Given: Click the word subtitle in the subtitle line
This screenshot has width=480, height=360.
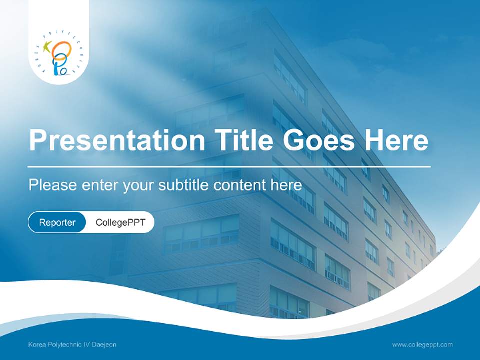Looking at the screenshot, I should coord(184,185).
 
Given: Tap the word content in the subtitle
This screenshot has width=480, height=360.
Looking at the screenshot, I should coord(240,185).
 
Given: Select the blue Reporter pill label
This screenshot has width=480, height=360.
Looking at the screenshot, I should coord(57,222).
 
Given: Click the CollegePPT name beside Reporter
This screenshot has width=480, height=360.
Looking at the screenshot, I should coord(120,222).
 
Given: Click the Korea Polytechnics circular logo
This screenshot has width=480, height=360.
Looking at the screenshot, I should coord(59,54).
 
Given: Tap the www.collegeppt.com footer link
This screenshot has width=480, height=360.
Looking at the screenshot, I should coord(422,345).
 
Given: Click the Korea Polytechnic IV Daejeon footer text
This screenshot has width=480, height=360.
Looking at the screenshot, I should coord(72,345).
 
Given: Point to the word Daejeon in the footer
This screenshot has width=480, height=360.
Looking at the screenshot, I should coord(104,345).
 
